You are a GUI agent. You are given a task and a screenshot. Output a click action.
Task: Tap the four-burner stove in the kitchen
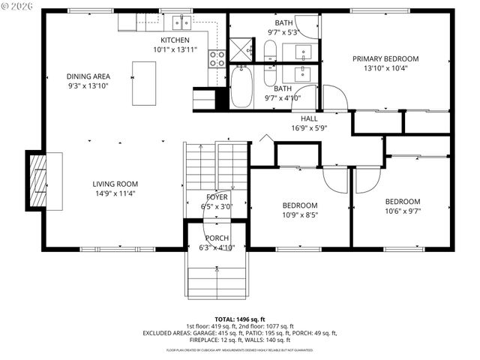(217, 58)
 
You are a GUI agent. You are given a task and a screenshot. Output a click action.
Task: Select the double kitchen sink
(181, 22)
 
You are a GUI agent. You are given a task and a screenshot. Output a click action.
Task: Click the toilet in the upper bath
(269, 50)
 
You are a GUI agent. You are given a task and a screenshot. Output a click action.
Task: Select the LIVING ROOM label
(115, 184)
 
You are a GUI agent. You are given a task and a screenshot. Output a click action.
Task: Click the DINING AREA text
(88, 76)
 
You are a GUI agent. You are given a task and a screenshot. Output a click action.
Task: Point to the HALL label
(309, 118)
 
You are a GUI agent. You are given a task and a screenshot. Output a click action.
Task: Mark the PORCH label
(217, 238)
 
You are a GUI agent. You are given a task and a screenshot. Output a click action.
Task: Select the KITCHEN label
(175, 40)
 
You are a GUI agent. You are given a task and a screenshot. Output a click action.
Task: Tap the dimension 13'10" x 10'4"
(385, 69)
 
